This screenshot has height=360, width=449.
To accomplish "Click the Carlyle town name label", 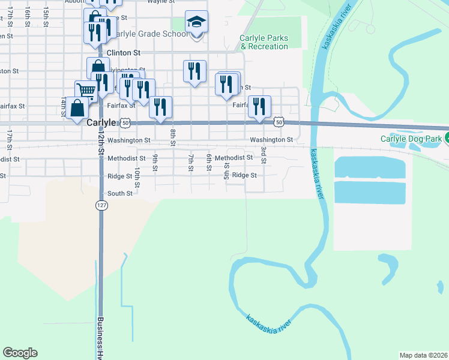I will [100, 122].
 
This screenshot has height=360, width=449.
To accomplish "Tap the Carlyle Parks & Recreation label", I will [264, 42].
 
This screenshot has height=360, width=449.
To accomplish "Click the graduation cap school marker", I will [196, 23].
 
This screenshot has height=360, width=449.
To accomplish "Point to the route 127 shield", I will [100, 205].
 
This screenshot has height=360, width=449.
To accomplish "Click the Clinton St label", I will [123, 53].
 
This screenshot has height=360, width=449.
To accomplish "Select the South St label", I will [120, 193].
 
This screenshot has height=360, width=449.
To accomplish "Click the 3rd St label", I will [263, 154].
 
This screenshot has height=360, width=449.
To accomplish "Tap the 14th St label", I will [62, 106].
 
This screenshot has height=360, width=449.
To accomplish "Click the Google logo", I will [20, 353].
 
